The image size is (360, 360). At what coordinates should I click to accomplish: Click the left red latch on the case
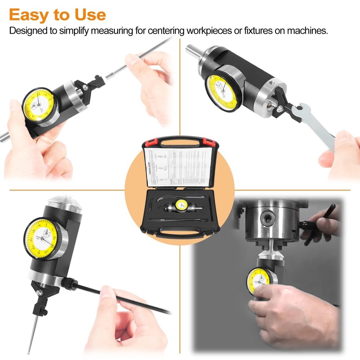(x=148, y=142)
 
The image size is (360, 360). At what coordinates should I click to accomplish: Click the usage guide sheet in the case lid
(x=176, y=167)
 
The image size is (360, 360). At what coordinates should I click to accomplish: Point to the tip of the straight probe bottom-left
(x=28, y=352)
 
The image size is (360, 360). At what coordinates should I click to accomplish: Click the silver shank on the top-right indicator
(x=193, y=50)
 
